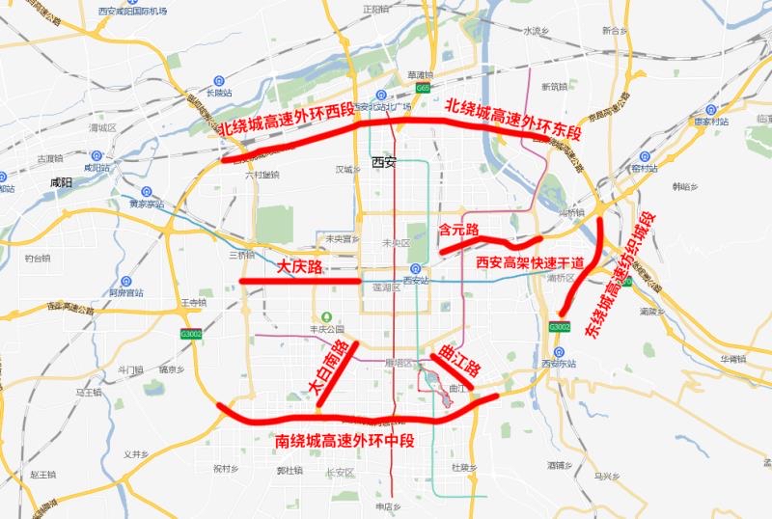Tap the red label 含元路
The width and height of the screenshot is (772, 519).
458,230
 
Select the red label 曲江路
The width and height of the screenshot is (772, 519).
458,358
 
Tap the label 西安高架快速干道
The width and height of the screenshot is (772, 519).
531,261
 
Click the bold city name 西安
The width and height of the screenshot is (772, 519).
384,162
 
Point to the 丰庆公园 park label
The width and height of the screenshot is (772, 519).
327,328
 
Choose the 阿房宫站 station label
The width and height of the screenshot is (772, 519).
125,292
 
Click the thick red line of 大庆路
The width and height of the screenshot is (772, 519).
299,281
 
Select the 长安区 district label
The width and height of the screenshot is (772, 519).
340,472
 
